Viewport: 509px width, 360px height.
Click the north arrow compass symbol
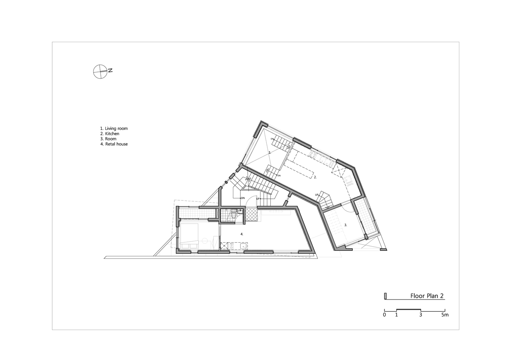coord(100,72)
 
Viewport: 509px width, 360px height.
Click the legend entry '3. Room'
coord(108,139)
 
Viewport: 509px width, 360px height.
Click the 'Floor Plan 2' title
coord(427,296)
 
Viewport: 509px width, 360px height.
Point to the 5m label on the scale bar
coord(445,315)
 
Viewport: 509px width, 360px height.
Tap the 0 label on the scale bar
coord(384,315)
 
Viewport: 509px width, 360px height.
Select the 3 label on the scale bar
coord(420,315)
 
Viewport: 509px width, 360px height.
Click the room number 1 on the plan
coord(270,153)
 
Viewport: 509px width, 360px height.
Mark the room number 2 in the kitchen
coord(315,177)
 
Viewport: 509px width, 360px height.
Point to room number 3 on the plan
coord(346,225)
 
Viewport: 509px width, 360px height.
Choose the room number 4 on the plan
coord(242,234)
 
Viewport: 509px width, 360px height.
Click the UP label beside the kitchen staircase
coord(317,195)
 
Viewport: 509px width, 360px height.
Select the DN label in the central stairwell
coord(243,198)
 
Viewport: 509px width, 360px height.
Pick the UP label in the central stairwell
coord(258,199)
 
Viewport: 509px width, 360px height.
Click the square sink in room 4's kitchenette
coord(243,246)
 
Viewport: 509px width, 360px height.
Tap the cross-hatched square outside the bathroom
coord(251,214)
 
